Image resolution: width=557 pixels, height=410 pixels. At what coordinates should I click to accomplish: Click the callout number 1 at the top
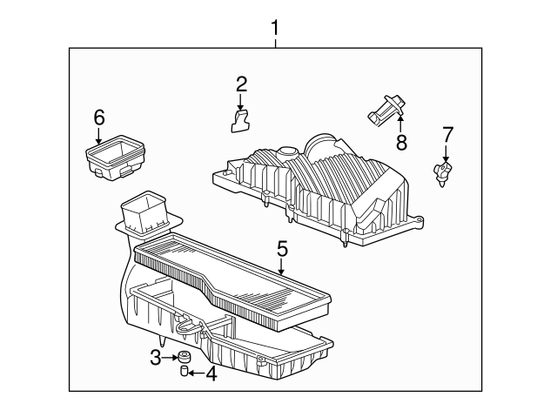pos(275,28)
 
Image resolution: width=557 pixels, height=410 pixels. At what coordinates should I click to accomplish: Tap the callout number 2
pos(241,84)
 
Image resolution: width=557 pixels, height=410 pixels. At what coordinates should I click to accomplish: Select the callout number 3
pos(156,358)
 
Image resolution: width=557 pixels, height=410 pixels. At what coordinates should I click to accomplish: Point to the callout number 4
pos(211,373)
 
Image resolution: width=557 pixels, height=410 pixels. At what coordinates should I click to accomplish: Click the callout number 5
pos(282,249)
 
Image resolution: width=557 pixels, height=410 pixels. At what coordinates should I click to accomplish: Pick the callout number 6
pos(99,118)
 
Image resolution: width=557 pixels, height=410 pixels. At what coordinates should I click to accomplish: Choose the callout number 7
pos(447,135)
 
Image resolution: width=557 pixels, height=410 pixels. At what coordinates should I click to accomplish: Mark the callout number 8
pos(401,142)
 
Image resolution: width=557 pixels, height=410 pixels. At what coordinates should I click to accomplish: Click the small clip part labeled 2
pos(240,121)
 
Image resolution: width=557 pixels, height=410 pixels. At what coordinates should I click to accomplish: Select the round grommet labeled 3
pos(184,356)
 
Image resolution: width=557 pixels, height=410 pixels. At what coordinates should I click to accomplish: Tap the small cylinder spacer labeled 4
pos(185,371)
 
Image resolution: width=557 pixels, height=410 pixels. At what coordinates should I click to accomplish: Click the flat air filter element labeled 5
pos(233,282)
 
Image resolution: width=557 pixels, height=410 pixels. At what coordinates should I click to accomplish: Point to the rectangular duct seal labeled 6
pos(115,158)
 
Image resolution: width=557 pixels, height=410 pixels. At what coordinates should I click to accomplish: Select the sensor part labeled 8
pos(386,111)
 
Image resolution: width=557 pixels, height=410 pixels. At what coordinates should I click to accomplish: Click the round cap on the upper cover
pos(287,153)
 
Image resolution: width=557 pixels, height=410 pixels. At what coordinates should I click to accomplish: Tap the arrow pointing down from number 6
pos(98,136)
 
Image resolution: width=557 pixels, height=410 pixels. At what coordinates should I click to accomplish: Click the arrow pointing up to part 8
pos(400,124)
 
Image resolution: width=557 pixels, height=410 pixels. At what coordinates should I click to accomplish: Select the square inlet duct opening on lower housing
pos(145,211)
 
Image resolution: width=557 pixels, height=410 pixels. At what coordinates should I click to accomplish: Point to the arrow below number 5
pos(281,267)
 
